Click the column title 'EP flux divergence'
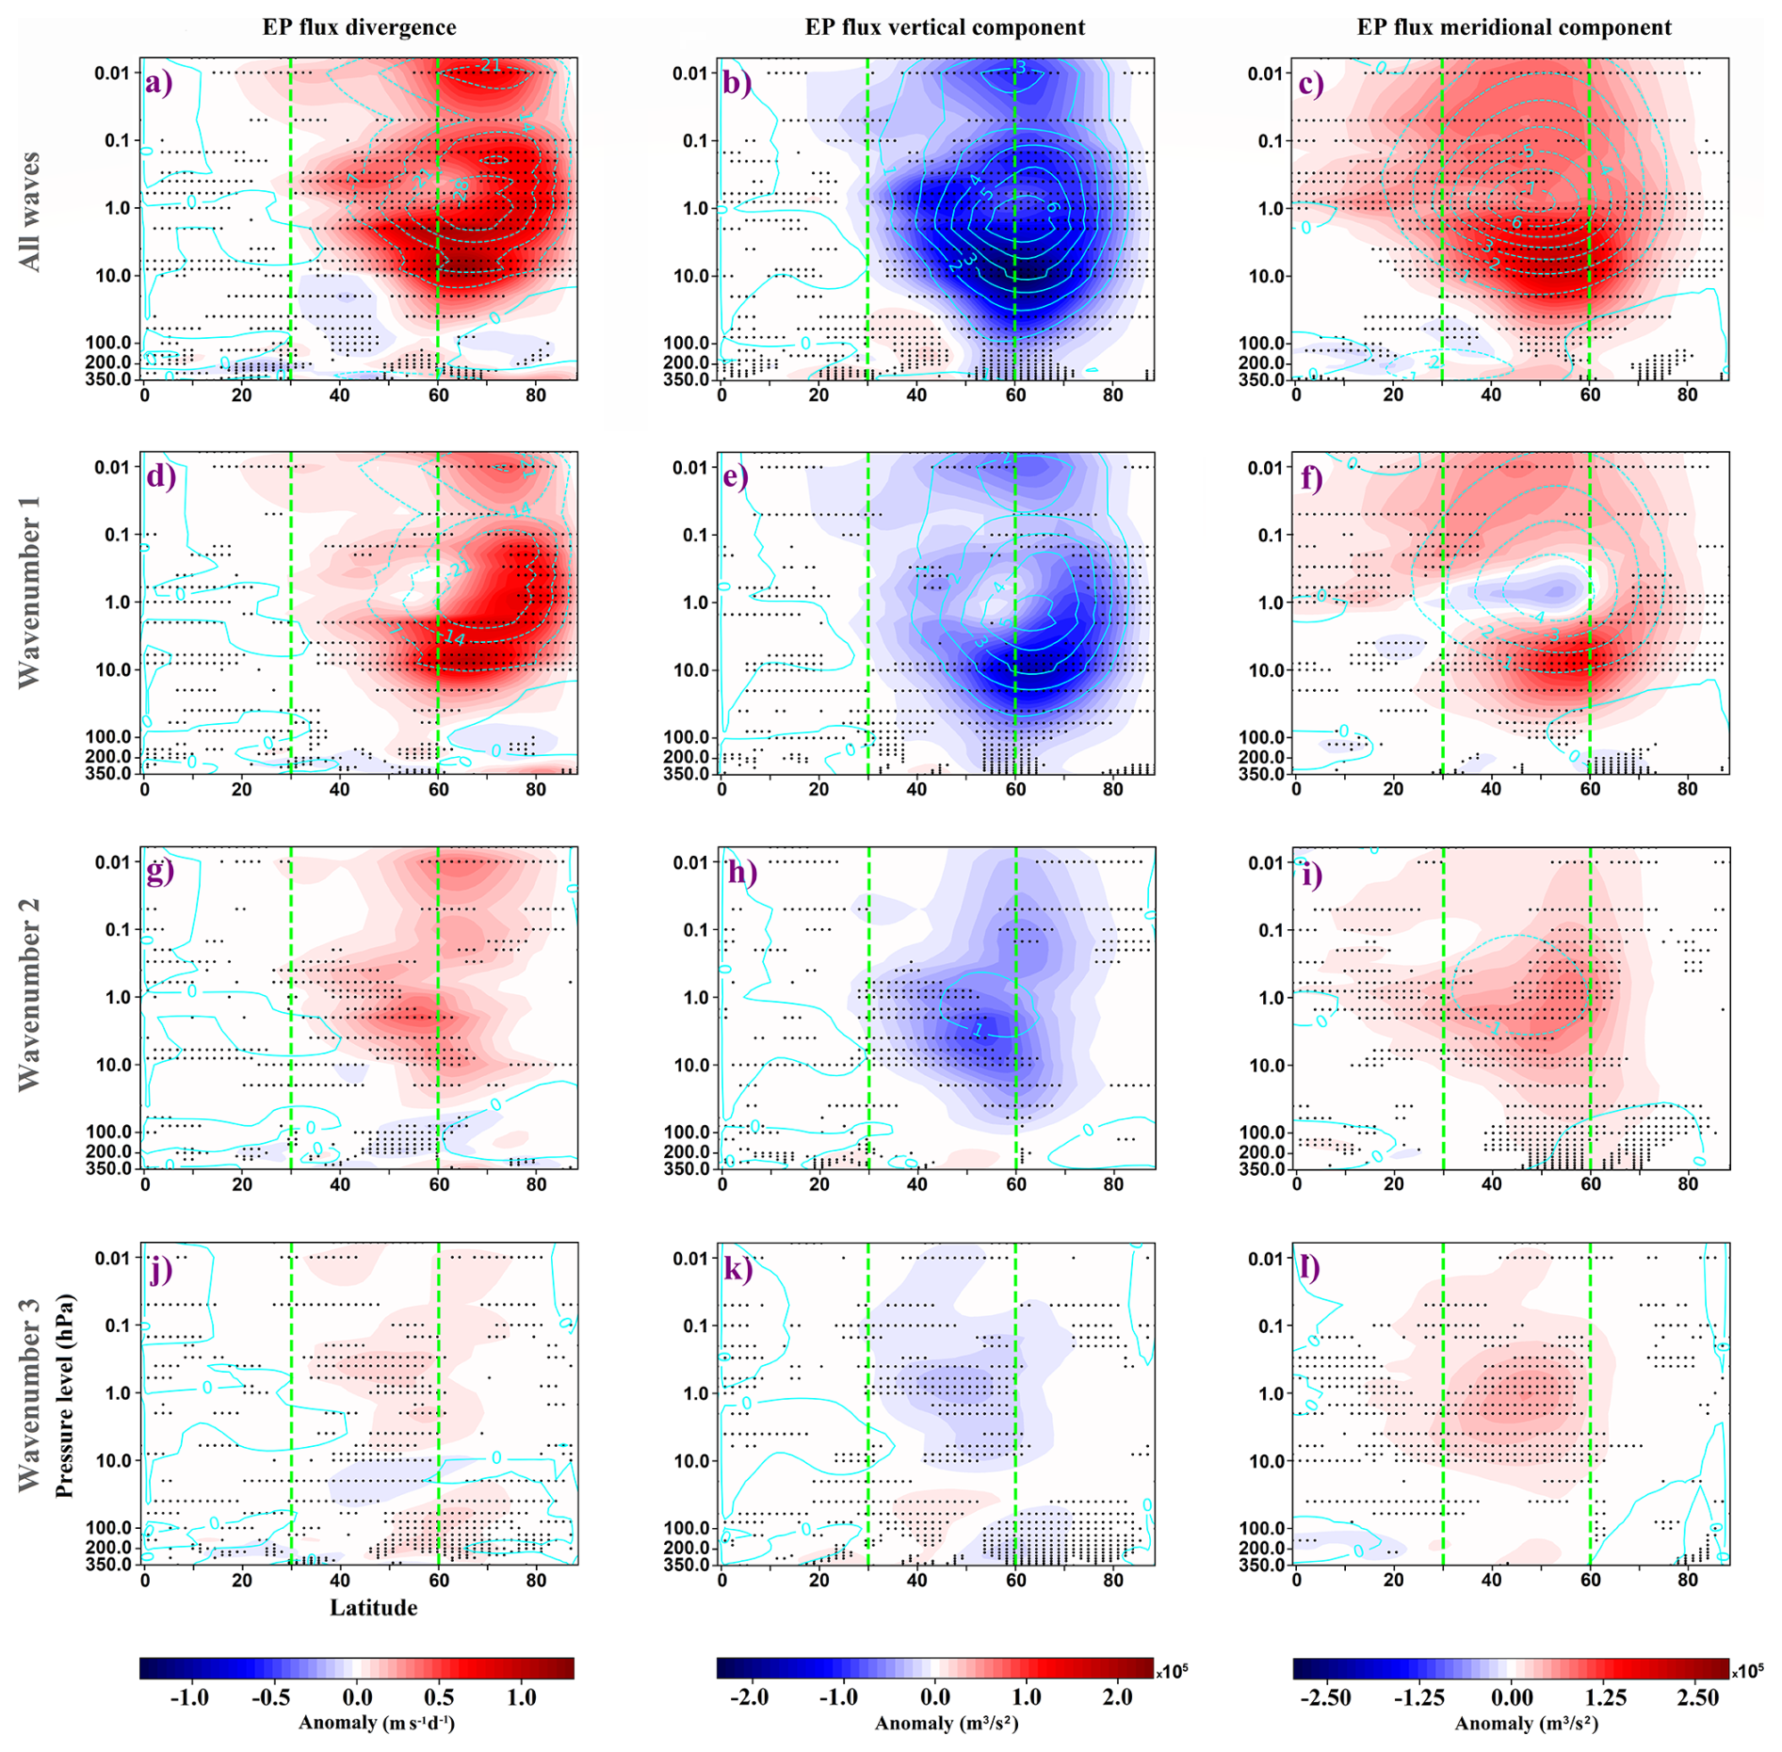(359, 27)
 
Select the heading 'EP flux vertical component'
(944, 27)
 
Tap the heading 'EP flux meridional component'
(1514, 27)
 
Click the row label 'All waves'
(30, 212)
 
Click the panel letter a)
(159, 84)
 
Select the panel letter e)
(734, 476)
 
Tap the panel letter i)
(1309, 875)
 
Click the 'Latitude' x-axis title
(373, 1607)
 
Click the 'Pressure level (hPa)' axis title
(64, 1396)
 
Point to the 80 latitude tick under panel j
(536, 1581)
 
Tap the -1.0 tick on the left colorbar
(189, 1697)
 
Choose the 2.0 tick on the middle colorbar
(1117, 1697)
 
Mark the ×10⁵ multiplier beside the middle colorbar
(1171, 1671)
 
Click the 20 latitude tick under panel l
(1393, 1581)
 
